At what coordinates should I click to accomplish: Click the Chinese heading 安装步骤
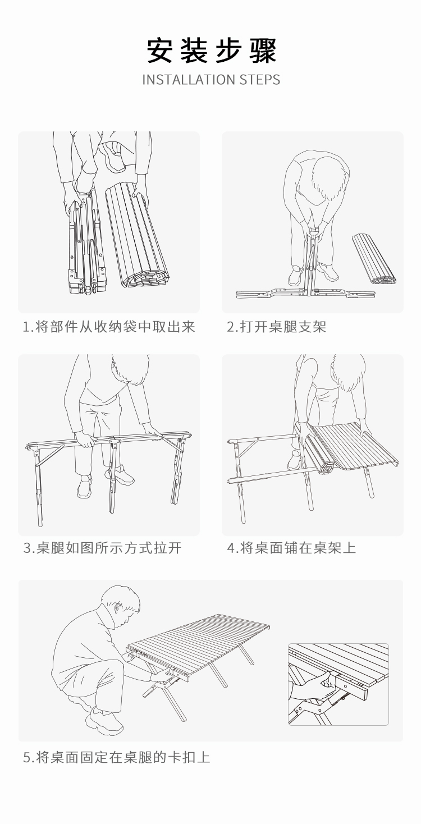[211, 51]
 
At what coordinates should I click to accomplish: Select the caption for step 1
[109, 327]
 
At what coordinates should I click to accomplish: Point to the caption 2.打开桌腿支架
[276, 327]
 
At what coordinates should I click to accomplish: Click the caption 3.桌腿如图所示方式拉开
[102, 548]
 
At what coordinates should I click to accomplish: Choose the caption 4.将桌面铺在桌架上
[291, 548]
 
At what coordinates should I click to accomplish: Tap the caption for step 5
[117, 758]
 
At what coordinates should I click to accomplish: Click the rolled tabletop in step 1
[138, 237]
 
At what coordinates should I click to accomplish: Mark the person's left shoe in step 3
[85, 486]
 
